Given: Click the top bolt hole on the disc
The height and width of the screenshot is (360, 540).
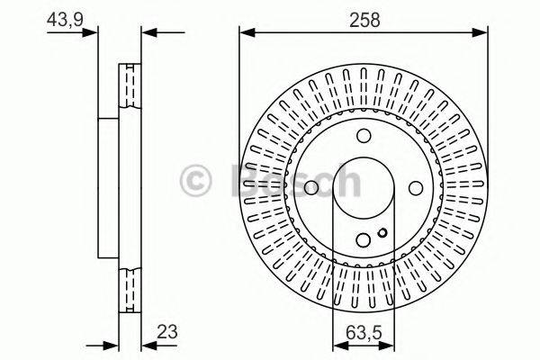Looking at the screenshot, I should coord(364,136).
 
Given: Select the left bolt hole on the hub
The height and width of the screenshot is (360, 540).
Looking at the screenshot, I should coord(311,188).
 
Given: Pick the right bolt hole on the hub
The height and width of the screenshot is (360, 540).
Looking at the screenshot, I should coord(416,188).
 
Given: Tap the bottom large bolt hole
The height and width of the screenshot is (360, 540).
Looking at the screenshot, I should coord(364,240).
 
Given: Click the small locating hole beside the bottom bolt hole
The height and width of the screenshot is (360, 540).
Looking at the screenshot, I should coord(383,237).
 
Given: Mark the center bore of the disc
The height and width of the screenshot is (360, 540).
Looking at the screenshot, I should coord(364,188).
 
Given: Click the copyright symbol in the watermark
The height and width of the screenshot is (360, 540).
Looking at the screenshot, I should coord(196,181).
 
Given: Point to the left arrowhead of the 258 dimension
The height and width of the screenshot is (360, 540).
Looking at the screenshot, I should coord(246,34).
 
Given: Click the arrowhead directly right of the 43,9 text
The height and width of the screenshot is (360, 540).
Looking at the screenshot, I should coord(90,34).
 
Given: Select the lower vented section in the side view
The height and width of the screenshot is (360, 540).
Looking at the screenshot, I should coord(131,288).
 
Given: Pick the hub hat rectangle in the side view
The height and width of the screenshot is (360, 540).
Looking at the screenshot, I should coord(108,188).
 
